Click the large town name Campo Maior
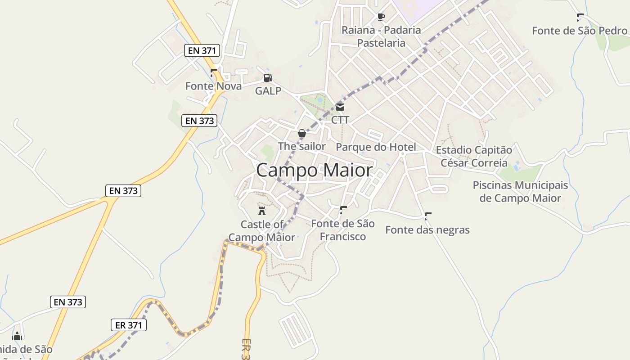(315, 171)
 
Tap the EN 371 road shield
(202, 50)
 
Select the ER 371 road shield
(129, 325)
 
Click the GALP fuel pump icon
(268, 78)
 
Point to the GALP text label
(268, 91)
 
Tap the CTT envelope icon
(340, 107)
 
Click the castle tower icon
(261, 211)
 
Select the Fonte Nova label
(213, 86)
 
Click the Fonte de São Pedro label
(580, 31)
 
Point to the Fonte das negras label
(427, 230)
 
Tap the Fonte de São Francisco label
(343, 230)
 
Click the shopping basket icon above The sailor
(301, 134)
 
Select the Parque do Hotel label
(376, 147)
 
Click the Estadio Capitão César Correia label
(474, 156)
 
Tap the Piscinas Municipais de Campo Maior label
(520, 192)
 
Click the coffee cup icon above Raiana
(381, 17)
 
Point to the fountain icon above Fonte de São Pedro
(580, 18)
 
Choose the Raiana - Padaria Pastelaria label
(381, 36)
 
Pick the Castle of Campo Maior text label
(262, 231)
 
